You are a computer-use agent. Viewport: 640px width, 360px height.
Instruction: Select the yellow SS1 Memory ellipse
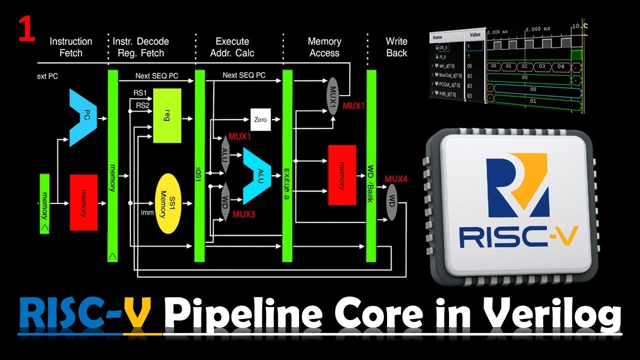coord(167,203)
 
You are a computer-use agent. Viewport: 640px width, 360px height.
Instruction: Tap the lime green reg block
coord(167,115)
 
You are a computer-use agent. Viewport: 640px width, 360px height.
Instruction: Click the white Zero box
coord(260,120)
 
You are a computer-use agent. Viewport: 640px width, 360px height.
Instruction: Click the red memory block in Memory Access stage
coord(342,175)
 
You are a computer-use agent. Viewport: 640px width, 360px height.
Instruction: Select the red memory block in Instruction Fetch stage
coord(83,202)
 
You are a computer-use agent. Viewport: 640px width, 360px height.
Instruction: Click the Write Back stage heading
coord(396,47)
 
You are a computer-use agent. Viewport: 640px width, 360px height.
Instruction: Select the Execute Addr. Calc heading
coord(232,47)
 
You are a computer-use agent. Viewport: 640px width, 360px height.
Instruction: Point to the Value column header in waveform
coord(475,35)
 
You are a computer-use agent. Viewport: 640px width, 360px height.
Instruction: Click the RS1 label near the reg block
coord(139,93)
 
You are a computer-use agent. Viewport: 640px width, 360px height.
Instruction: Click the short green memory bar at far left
coord(44,203)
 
